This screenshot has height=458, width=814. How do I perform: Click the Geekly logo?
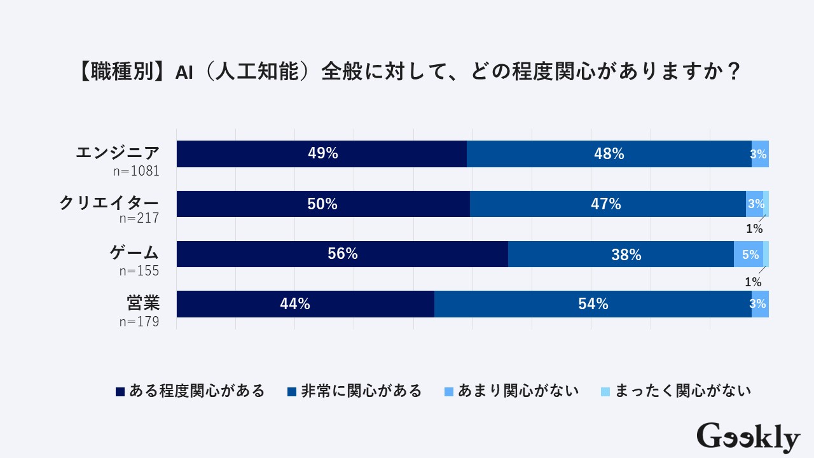(748, 437)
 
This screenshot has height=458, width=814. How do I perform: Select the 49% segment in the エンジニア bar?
(322, 154)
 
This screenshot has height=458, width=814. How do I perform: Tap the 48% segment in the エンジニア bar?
(609, 154)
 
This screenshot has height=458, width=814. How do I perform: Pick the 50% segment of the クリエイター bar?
(323, 204)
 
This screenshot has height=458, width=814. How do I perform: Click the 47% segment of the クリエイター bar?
(607, 204)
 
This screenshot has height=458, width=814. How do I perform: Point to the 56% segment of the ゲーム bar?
(342, 254)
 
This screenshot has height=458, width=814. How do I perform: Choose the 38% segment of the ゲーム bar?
(621, 254)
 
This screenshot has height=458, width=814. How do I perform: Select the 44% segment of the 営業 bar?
(305, 304)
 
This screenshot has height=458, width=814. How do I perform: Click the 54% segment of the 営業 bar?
(593, 304)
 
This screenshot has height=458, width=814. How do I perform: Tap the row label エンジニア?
(117, 153)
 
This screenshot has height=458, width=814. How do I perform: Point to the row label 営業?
(142, 303)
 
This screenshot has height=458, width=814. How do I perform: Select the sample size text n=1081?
(139, 170)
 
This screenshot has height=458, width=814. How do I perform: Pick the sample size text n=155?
(139, 270)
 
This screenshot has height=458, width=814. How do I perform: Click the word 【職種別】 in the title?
(121, 71)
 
